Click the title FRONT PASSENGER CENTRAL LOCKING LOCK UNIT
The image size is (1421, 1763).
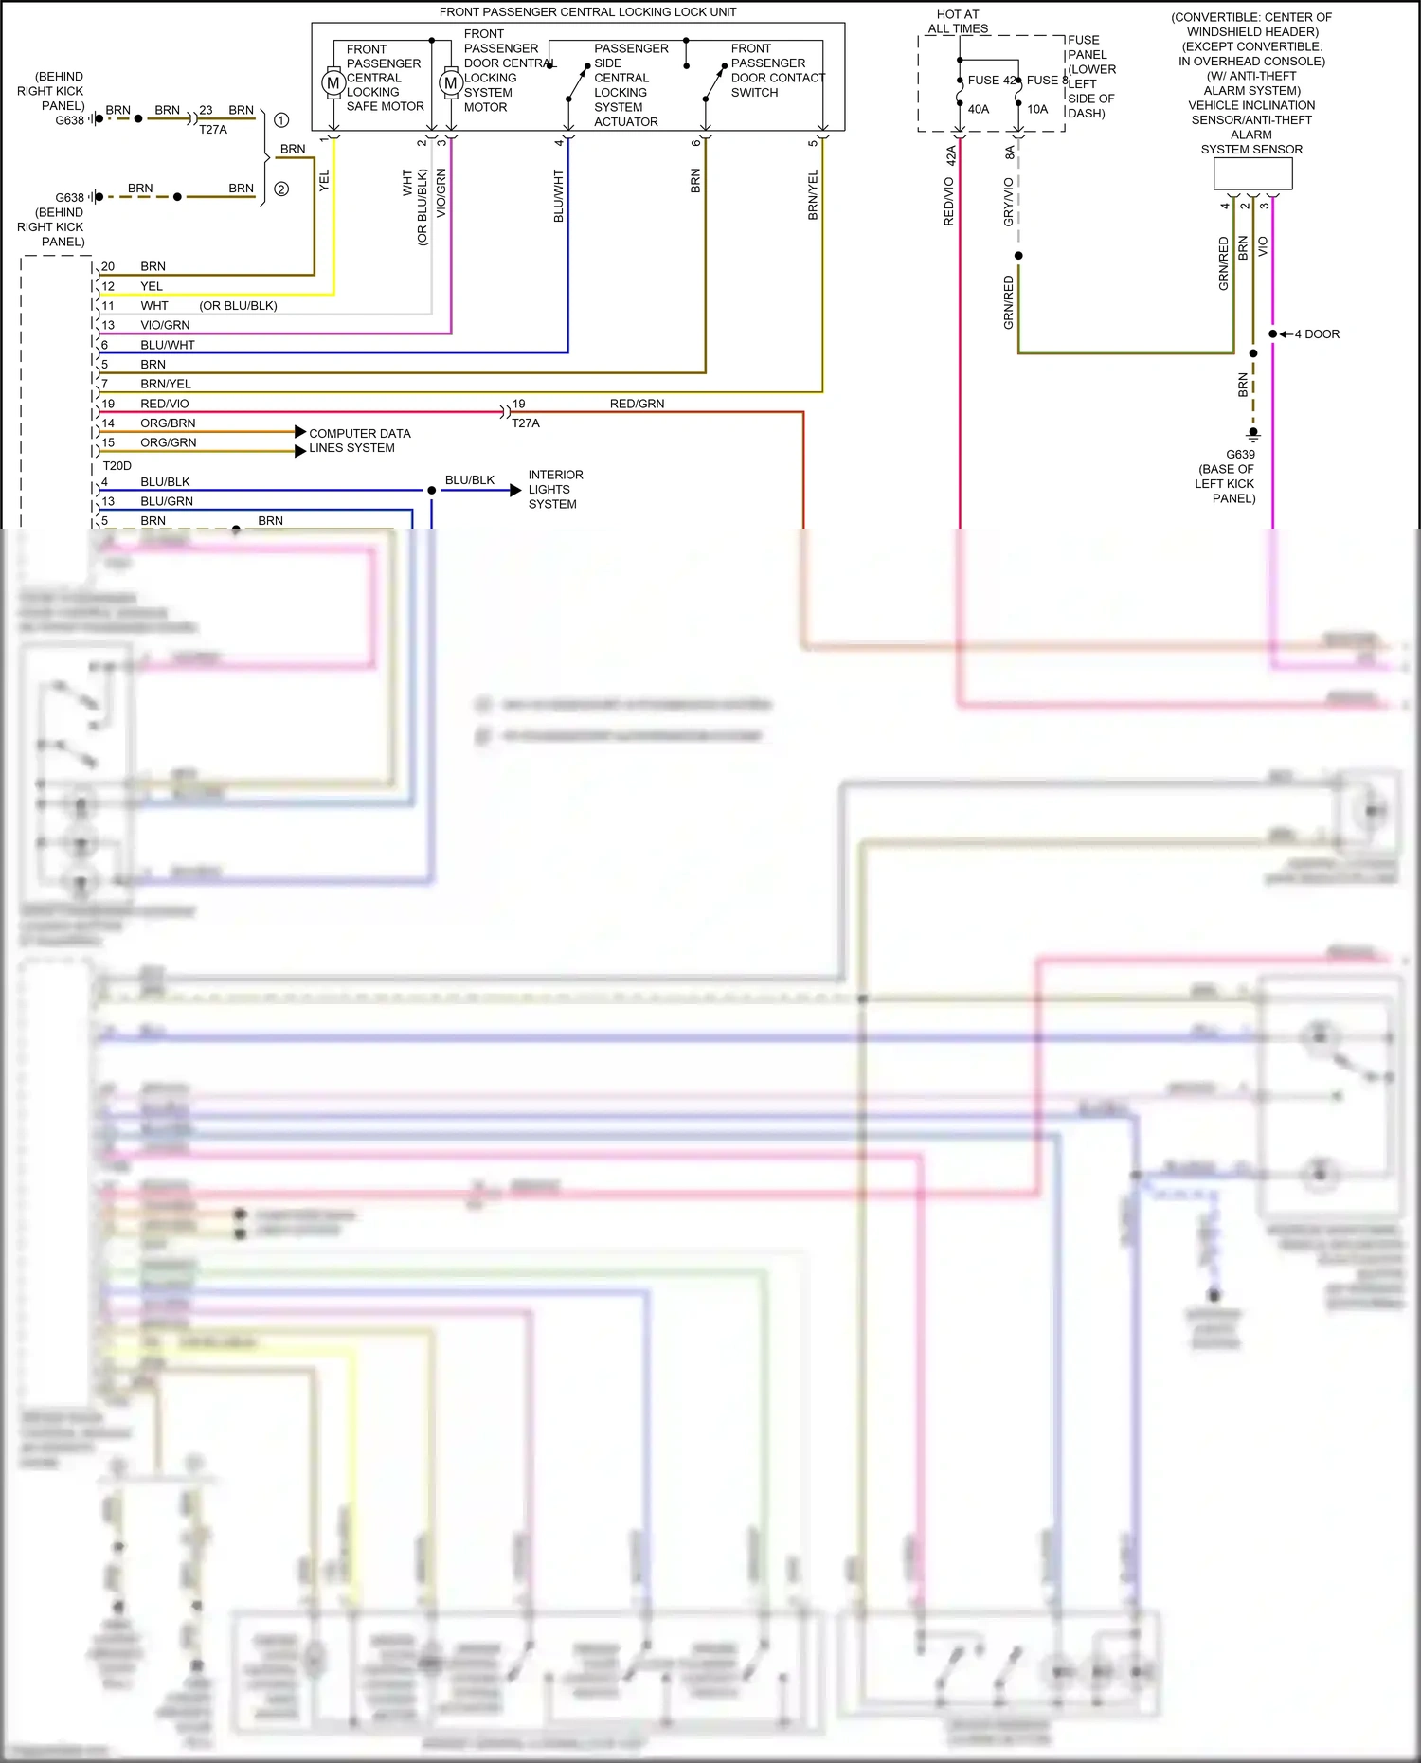pos(587,12)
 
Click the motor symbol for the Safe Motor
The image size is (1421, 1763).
pos(333,83)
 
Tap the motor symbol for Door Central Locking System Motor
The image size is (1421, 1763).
pos(450,83)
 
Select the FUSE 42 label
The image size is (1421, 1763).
pos(992,81)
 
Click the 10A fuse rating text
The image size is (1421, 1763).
pos(1037,109)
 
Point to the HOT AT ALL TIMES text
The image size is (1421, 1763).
pos(958,22)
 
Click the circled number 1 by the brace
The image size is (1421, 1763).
pos(281,120)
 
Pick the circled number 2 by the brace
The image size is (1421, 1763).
pos(281,189)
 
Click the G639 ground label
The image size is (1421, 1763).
pos(1240,455)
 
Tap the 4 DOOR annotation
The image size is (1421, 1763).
pos(1317,334)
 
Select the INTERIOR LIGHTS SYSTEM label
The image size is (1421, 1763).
pos(555,490)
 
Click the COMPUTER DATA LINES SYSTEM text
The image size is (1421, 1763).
pos(359,441)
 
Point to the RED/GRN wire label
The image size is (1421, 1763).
pos(637,404)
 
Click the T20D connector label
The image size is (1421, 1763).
pos(117,466)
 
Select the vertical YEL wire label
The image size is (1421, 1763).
pos(324,181)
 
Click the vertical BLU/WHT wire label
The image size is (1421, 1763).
pos(559,196)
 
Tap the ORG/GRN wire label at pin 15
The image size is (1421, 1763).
pos(169,442)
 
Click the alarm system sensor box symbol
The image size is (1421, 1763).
pos(1252,173)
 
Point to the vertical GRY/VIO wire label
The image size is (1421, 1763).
pos(1009,201)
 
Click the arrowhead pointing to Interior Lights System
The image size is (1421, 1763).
pos(515,490)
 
